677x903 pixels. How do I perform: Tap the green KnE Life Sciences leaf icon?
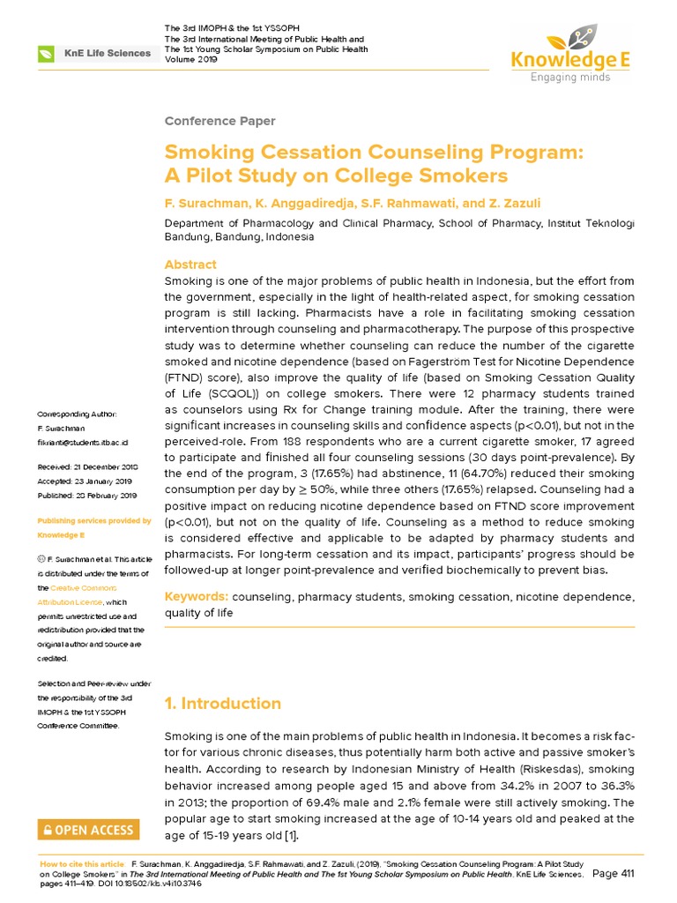tap(46, 54)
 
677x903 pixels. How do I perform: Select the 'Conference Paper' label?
tap(220, 121)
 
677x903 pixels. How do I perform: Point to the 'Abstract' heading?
tap(190, 265)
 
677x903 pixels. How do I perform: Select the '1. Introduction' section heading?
tap(223, 703)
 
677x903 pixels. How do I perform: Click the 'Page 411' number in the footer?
tap(615, 874)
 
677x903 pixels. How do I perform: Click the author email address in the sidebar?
tap(82, 441)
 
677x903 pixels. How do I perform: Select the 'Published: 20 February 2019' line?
tap(86, 496)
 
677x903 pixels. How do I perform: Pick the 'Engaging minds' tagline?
tap(570, 78)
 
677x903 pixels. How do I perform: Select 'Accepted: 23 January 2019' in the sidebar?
tap(84, 481)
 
